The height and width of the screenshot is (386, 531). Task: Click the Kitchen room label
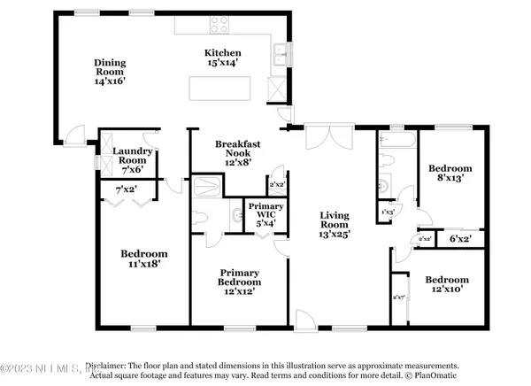[223, 52]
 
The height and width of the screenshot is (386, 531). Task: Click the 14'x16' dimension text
[112, 80]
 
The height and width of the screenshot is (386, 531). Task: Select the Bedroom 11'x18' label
[142, 258]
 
